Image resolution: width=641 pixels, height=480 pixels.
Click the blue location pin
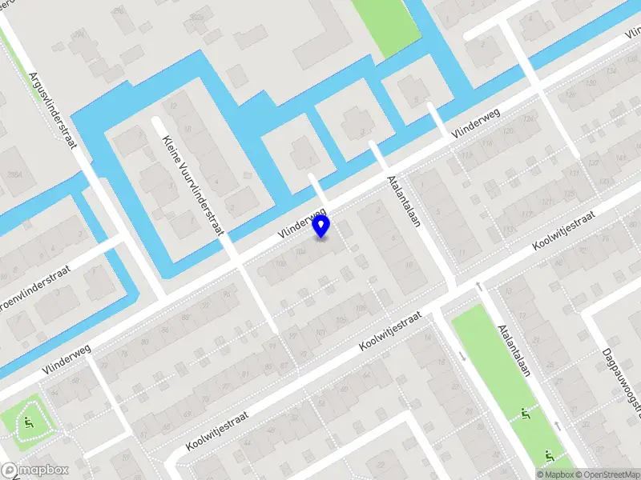click(321, 226)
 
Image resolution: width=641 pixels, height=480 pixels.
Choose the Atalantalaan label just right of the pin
click(404, 202)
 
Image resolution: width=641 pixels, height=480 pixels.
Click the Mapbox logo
click(34, 470)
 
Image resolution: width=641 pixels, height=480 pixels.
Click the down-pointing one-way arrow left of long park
click(464, 356)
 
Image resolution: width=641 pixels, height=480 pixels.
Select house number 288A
click(12, 174)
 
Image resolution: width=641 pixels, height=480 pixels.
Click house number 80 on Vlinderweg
click(145, 342)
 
